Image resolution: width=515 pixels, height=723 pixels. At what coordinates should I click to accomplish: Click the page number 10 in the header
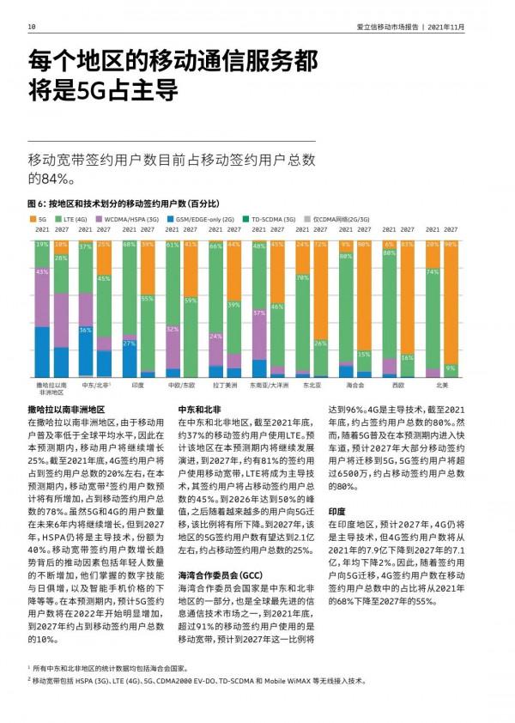tap(31, 27)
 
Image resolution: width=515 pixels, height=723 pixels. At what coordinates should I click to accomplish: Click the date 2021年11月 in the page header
tap(447, 27)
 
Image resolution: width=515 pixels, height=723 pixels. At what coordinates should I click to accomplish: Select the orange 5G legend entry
tap(41, 220)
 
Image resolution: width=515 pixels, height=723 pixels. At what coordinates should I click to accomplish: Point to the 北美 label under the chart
tap(441, 386)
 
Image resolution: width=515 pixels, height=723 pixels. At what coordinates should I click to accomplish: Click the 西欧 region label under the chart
tap(397, 386)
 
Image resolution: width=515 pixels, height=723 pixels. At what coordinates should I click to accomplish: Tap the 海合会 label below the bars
tap(353, 386)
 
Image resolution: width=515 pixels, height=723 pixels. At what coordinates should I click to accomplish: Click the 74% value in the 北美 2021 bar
tap(433, 272)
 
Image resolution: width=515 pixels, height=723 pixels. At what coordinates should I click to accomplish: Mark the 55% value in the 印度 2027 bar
tap(148, 299)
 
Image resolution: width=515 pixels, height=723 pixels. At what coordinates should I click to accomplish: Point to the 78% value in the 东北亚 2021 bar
tap(302, 278)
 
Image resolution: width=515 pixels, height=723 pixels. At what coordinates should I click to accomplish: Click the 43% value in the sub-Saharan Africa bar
tap(42, 272)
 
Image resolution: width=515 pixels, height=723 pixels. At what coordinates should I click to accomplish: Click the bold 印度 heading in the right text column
tap(336, 511)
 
